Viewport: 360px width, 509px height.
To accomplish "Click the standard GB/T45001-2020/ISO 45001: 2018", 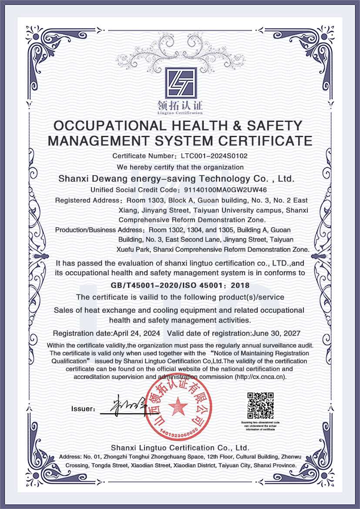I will click(x=180, y=286).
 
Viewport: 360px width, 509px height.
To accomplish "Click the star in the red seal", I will click(x=178, y=407).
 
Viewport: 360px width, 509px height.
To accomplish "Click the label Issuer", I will click(x=83, y=409).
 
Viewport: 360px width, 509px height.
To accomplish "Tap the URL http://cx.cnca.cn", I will click(x=260, y=377).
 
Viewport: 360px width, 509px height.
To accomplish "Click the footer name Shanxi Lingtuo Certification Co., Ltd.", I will click(x=180, y=448).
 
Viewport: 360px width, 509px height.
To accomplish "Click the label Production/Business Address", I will click(x=101, y=229).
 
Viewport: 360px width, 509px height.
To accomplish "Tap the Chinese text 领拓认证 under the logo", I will click(x=180, y=106).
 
